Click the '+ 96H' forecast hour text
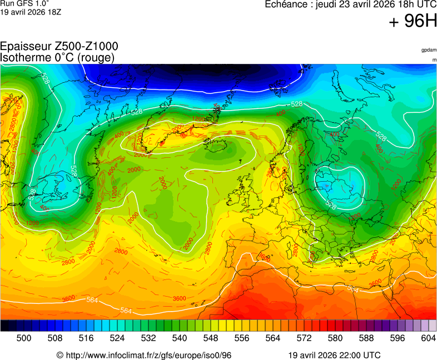coord(413,22)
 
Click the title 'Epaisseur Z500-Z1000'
coord(59,47)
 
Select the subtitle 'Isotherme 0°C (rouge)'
coord(57,57)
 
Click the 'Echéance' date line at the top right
coord(350,5)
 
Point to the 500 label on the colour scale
coord(24,338)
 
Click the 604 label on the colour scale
coord(428,338)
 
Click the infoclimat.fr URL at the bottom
coord(144,355)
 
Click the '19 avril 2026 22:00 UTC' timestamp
coord(335,355)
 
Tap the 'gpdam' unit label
coord(429,50)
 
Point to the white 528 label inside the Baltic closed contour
coord(331,206)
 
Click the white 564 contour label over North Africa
coord(352,289)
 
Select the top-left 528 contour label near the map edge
coord(45,78)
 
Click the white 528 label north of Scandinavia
coord(297,104)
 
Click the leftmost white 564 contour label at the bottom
coord(93,300)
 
